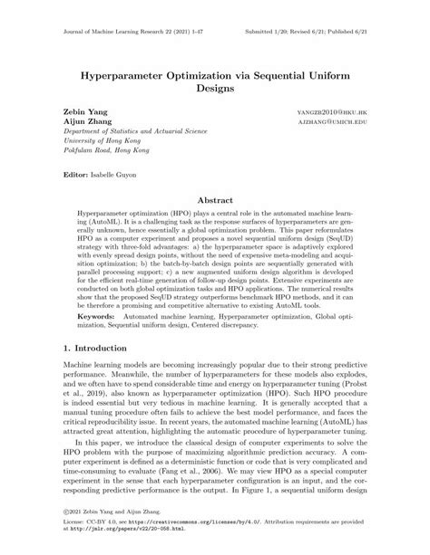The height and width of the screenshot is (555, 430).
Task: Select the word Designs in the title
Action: pyautogui.click(x=214, y=90)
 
